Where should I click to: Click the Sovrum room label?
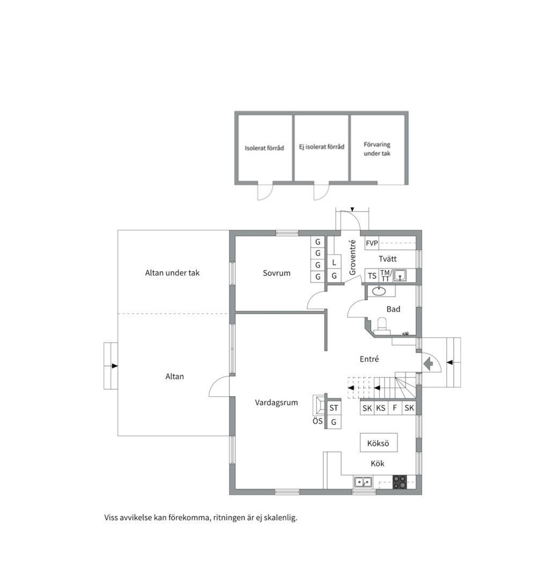click(277, 273)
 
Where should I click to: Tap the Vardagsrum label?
click(277, 402)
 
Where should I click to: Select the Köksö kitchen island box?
click(379, 443)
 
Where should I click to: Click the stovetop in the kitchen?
click(399, 482)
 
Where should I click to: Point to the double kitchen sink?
click(363, 482)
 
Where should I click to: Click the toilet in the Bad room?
click(381, 325)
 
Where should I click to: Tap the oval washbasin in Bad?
click(379, 292)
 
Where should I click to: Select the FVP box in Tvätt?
click(372, 243)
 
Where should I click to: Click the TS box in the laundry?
click(372, 275)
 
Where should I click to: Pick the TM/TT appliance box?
click(386, 275)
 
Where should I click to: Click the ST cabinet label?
click(333, 408)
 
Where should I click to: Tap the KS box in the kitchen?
click(381, 408)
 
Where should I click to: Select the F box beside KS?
click(395, 408)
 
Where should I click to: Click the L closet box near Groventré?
click(334, 262)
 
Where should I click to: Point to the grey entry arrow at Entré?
click(428, 364)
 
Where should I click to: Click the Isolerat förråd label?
click(264, 148)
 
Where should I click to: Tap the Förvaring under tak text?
click(377, 149)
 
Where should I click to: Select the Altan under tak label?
click(172, 273)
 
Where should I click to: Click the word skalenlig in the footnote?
click(280, 518)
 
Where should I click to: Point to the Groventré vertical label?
click(353, 257)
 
